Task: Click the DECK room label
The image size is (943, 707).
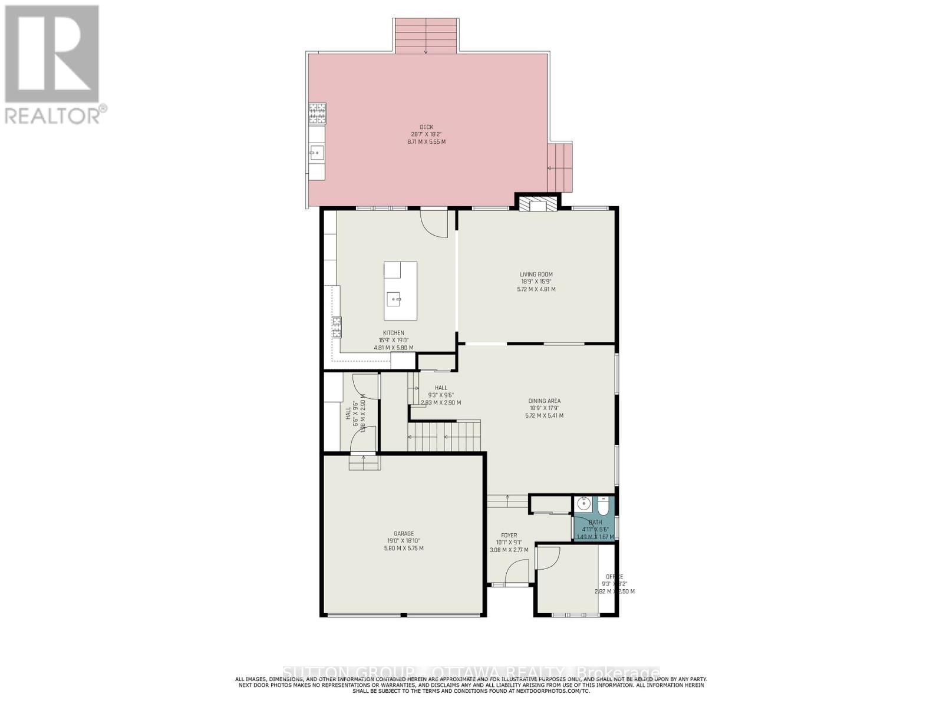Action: pyautogui.click(x=426, y=127)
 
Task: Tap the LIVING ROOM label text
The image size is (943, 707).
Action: pyautogui.click(x=536, y=275)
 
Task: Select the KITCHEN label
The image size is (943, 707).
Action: pyautogui.click(x=393, y=333)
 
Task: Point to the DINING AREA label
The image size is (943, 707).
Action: pyautogui.click(x=544, y=401)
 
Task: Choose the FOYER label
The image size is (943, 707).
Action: pyautogui.click(x=509, y=536)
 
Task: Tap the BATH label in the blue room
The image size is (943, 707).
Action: pyautogui.click(x=595, y=523)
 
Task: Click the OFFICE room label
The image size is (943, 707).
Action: pyautogui.click(x=614, y=577)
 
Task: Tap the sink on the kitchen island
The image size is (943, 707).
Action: pyautogui.click(x=393, y=299)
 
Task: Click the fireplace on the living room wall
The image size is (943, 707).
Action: pyautogui.click(x=538, y=204)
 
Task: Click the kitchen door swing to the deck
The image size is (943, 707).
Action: pyautogui.click(x=435, y=224)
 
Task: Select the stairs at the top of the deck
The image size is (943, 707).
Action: pyautogui.click(x=427, y=37)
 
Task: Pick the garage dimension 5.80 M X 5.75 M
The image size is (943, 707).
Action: pyautogui.click(x=404, y=549)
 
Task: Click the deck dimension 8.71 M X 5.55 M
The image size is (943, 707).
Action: pyautogui.click(x=426, y=142)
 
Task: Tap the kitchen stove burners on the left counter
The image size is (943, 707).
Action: pyautogui.click(x=337, y=327)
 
